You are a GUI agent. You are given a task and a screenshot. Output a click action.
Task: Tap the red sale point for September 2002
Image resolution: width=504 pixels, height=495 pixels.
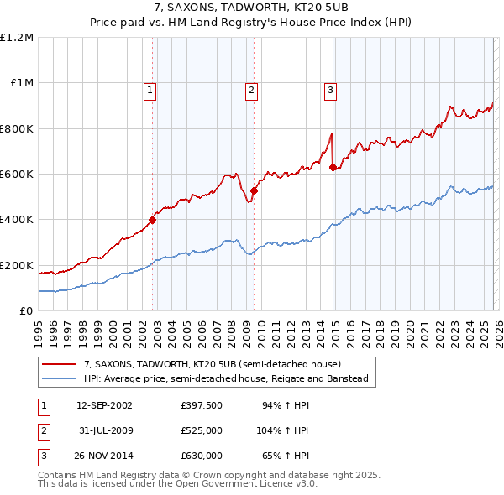tap(153, 221)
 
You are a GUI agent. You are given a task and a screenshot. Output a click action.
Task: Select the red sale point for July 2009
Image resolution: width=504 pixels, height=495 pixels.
tap(254, 191)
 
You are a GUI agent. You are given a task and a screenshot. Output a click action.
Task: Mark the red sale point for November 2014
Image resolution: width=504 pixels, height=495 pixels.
tap(333, 168)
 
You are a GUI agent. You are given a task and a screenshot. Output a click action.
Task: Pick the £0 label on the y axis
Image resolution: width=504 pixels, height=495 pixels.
tap(24, 311)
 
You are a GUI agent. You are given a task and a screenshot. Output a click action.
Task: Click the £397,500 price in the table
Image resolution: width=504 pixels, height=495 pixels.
tap(202, 405)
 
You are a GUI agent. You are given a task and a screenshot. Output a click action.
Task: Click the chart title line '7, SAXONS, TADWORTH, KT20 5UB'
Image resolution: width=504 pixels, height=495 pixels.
tap(251, 8)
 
